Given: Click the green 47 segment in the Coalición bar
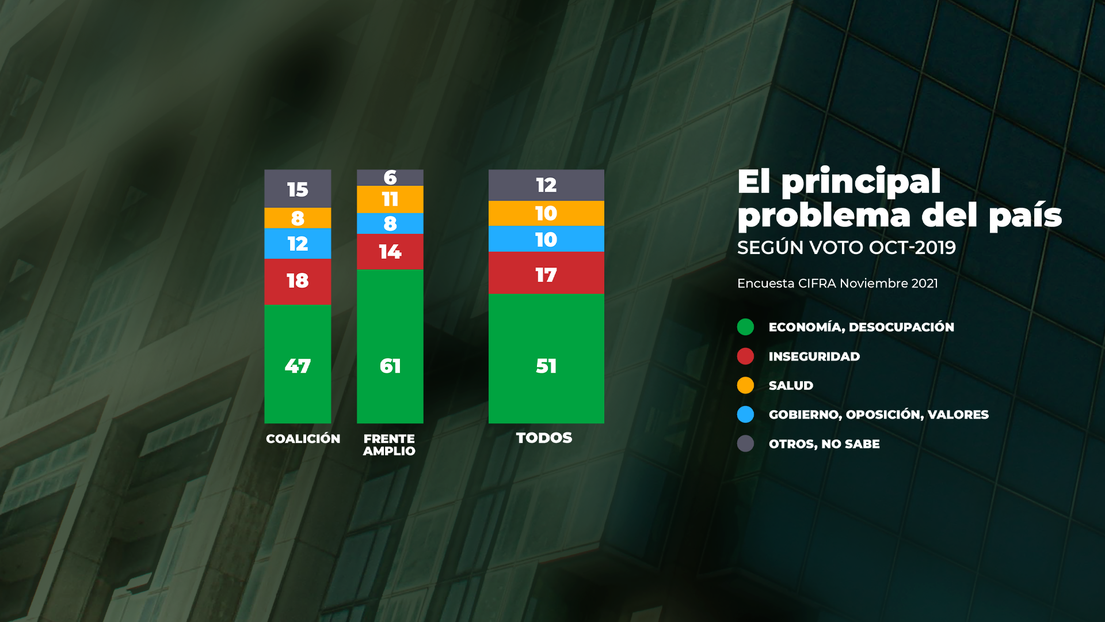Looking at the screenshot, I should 298,364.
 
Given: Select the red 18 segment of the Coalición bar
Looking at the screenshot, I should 298,281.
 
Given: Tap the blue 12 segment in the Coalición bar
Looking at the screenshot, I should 298,244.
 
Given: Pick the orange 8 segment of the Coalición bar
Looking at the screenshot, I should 298,218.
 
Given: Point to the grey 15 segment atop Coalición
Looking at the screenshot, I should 298,189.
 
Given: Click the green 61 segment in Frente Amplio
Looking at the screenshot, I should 390,346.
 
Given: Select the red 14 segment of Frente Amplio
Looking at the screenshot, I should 390,252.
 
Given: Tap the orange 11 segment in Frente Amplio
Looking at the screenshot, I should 390,199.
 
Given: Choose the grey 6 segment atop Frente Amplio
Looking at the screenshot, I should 390,177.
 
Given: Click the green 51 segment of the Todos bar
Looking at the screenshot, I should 546,358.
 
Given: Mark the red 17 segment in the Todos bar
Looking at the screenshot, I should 546,273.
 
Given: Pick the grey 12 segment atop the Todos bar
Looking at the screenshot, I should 546,185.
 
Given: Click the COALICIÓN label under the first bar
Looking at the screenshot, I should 303,439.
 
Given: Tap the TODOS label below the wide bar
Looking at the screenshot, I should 544,438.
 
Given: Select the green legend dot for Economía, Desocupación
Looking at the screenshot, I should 745,327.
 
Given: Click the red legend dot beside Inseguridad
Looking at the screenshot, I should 745,356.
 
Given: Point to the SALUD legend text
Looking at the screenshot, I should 791,386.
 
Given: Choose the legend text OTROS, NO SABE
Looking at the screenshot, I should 824,444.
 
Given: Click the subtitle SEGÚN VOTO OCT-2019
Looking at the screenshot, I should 846,248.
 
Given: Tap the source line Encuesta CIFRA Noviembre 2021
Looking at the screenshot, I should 837,283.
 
